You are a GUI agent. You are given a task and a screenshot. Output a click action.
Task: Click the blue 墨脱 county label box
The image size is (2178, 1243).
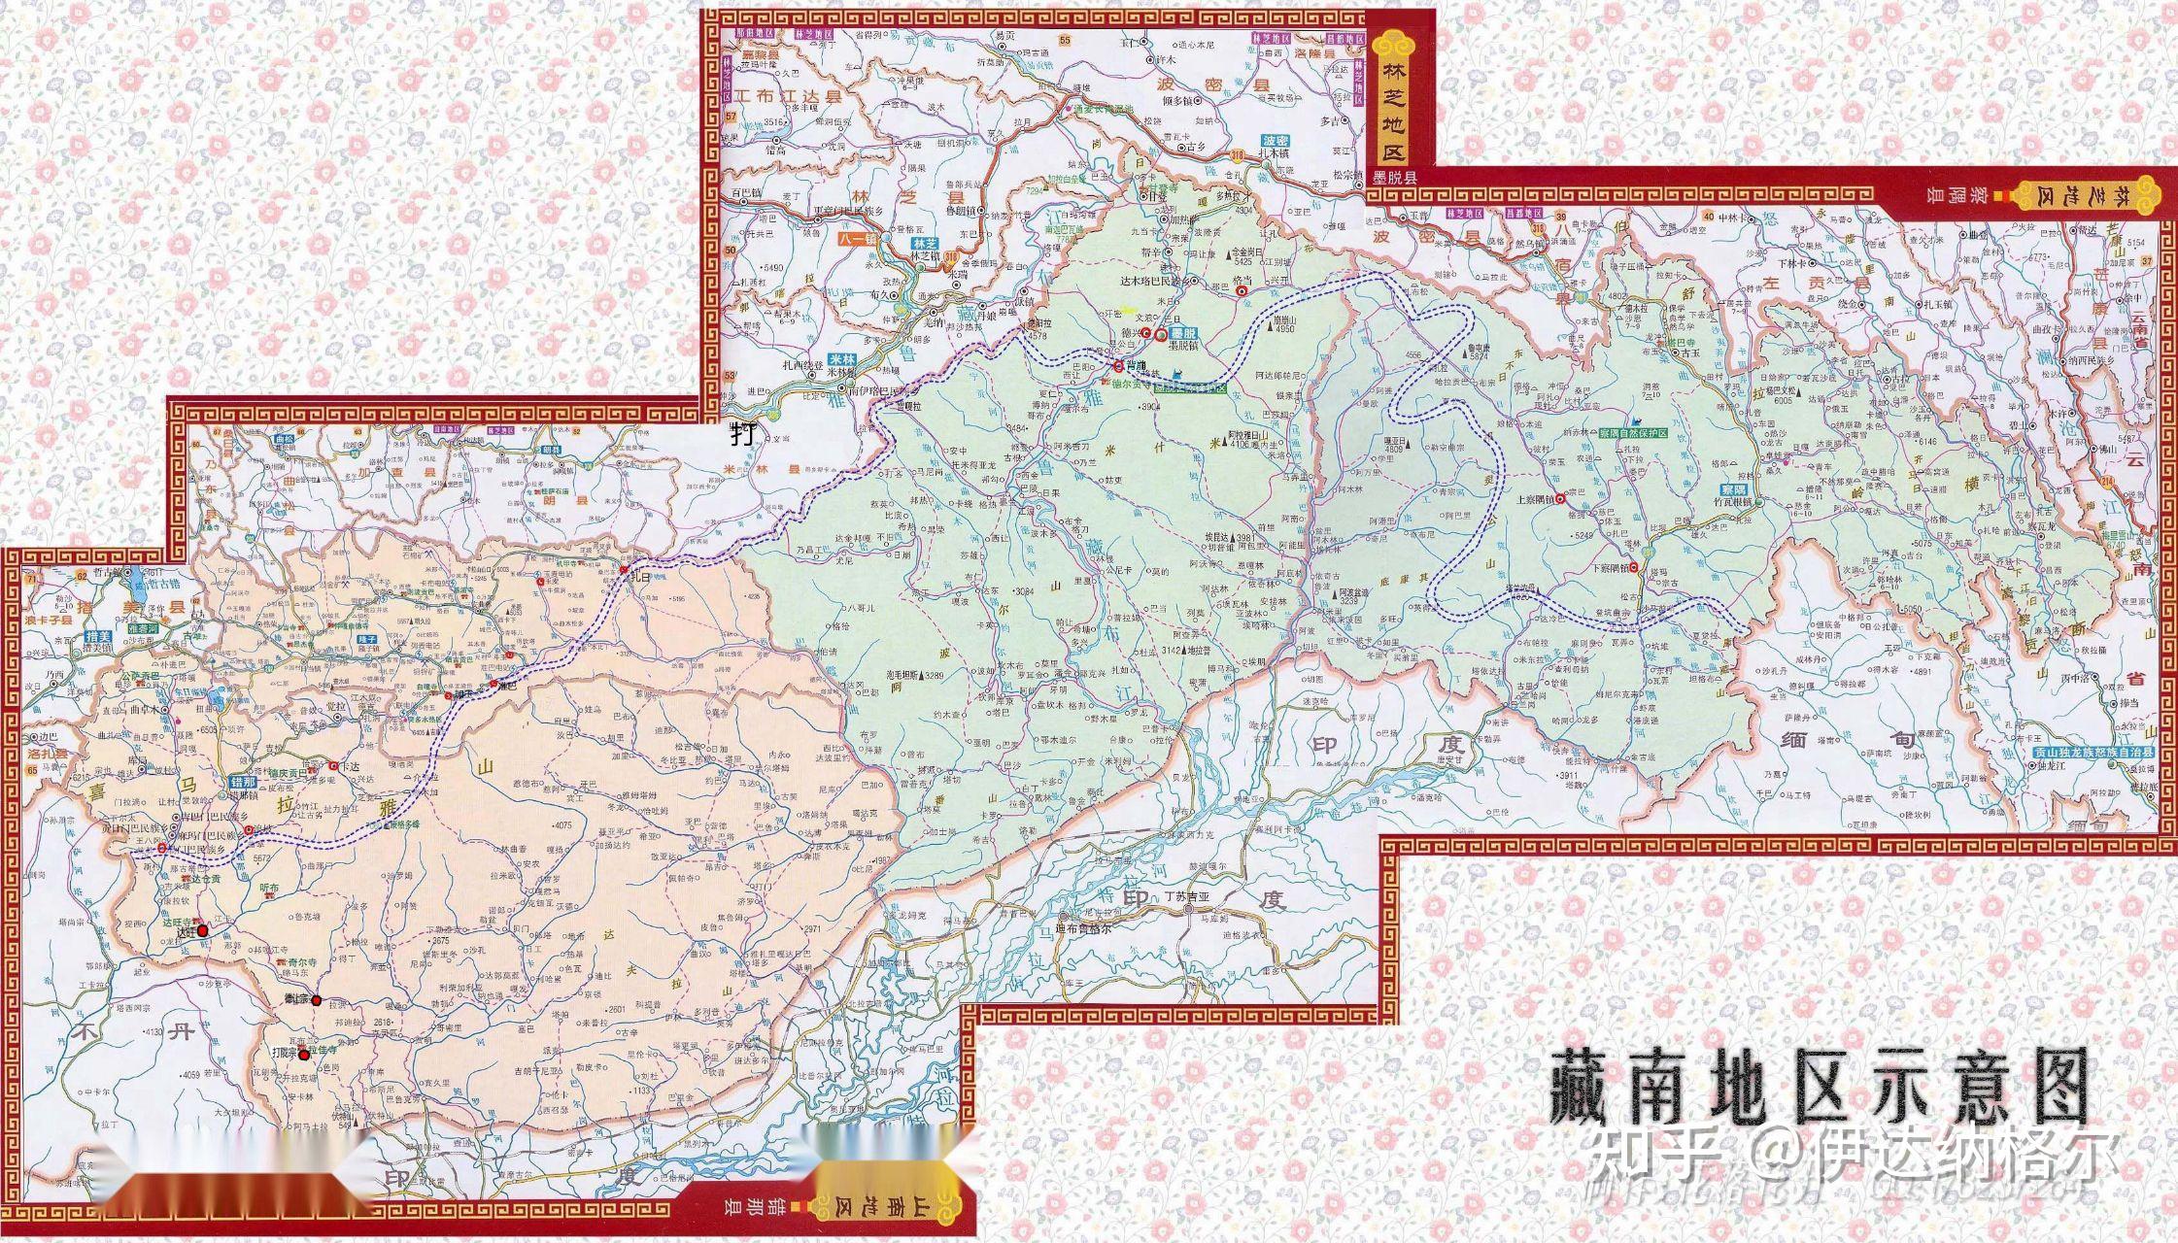(x=1182, y=333)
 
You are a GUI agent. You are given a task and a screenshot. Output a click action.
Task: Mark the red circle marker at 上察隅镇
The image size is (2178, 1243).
(x=1560, y=499)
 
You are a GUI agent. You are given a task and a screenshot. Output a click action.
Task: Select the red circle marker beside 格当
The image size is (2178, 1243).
(x=1241, y=288)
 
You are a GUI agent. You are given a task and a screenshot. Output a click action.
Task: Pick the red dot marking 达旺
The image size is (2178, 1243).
(x=202, y=930)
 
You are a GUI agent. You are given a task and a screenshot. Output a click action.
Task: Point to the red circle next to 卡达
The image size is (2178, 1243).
(x=332, y=766)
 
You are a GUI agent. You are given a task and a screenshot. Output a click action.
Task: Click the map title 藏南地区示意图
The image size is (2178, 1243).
(x=1818, y=1085)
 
